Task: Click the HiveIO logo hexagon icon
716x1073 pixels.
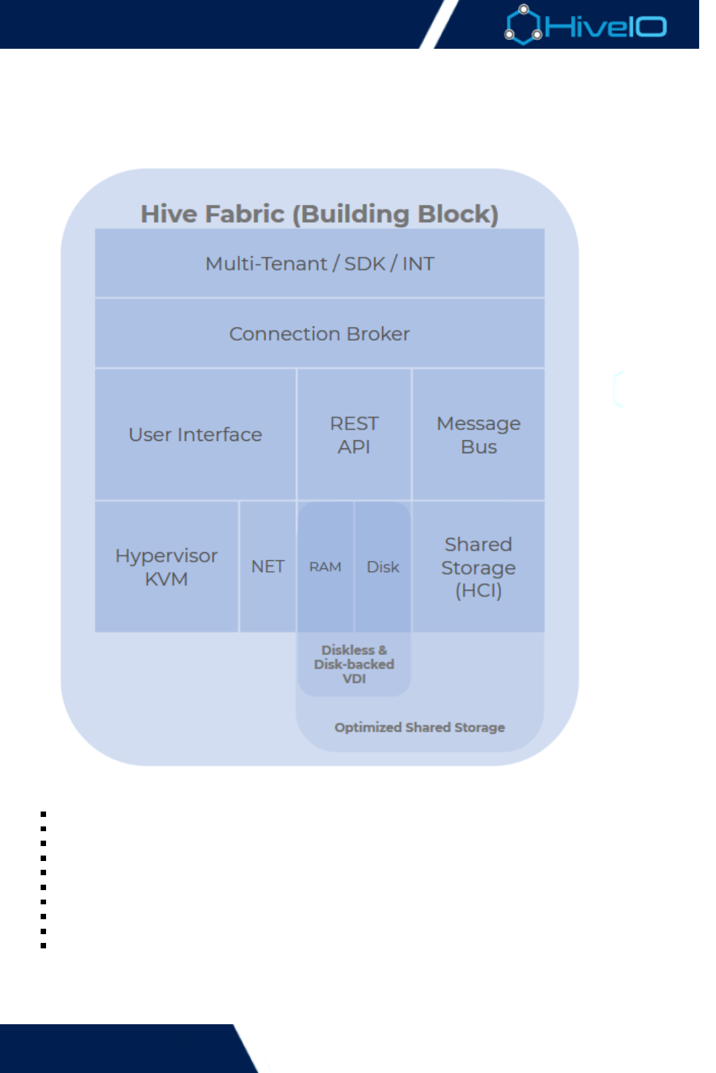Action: [524, 25]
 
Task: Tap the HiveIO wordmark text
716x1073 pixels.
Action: [606, 27]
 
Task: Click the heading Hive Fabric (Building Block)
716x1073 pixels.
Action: [319, 214]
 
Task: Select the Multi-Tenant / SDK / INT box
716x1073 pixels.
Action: [319, 264]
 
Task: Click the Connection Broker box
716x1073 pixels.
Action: [319, 334]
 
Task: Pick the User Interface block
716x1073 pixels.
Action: [195, 435]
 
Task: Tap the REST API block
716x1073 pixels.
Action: [354, 435]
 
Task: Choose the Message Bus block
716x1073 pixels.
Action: [478, 435]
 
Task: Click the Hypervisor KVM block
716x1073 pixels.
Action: [166, 567]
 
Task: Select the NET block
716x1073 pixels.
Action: [268, 567]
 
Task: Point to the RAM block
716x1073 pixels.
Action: [325, 567]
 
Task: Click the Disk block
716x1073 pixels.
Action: [383, 567]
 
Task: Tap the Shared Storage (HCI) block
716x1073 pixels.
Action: [478, 567]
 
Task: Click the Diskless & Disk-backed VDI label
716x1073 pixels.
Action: [354, 665]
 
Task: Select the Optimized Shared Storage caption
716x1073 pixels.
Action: [419, 728]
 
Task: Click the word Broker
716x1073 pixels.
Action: [378, 334]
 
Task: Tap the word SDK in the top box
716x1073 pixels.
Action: [364, 264]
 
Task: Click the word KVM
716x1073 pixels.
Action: [166, 580]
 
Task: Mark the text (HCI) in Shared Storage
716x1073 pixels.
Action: [478, 591]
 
